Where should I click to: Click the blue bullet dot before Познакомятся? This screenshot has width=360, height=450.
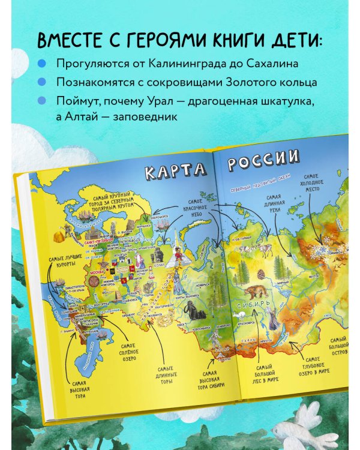(41, 81)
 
